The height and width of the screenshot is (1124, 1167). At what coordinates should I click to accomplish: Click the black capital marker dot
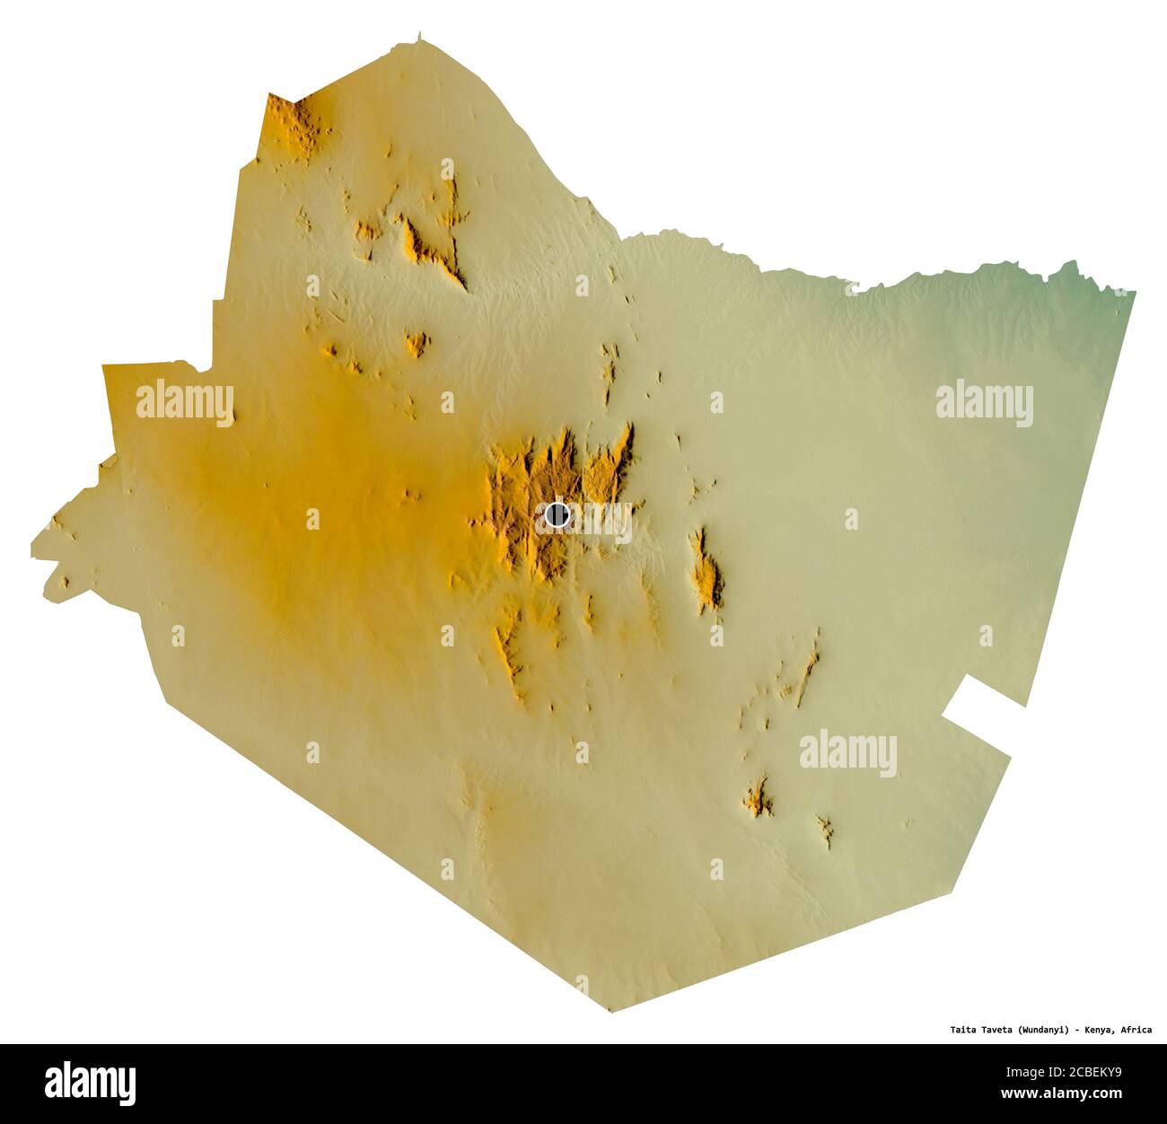pos(557,515)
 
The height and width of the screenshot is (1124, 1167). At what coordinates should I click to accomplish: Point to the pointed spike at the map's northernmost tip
pos(418,37)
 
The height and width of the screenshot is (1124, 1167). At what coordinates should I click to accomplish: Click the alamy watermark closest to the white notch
pos(847,751)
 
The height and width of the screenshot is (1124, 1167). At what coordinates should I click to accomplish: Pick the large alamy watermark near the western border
pos(185,401)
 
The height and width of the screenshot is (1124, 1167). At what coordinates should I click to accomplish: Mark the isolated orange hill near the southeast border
pos(759,797)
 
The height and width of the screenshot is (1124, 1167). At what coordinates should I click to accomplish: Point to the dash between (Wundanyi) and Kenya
pos(1077,1030)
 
